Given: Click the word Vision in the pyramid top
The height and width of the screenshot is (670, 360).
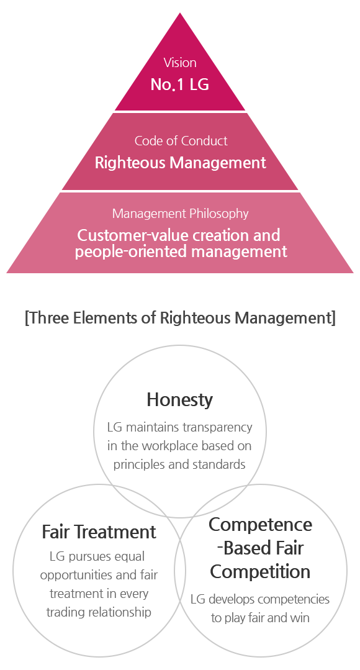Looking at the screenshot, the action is coord(180,63).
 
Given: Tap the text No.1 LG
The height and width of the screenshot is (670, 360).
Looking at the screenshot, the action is coord(180,84).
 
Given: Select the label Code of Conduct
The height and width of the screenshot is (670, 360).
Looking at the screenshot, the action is coord(181,140).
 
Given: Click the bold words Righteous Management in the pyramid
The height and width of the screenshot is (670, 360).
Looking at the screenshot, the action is coord(180,163).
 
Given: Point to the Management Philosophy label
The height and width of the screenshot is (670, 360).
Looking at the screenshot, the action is coord(180,213).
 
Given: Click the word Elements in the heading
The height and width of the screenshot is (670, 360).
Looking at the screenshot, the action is coord(112,318).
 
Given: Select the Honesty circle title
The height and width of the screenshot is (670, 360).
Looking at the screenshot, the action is coord(179,401).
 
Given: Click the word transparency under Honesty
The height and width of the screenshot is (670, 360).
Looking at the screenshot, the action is coord(217,427).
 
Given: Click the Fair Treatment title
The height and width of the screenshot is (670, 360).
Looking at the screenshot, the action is coord(99,532).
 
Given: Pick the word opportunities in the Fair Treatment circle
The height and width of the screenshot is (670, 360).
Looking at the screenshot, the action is coord(76,575).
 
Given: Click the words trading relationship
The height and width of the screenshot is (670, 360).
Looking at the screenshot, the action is coord(99,612).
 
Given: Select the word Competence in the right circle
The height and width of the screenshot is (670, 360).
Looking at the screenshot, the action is coord(261,525).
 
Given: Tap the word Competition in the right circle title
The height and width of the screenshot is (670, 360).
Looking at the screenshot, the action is coord(260,571).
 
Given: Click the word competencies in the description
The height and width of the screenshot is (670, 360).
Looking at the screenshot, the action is coord(294,599).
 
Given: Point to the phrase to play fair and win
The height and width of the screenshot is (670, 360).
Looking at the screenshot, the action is coord(260,618).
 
